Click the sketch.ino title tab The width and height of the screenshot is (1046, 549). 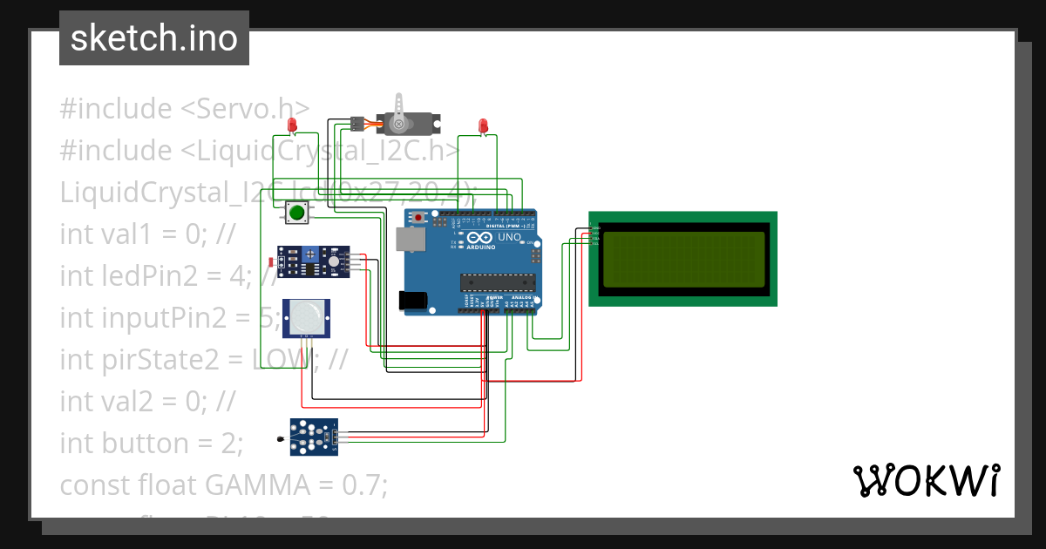point(153,38)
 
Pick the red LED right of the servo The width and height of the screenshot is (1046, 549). point(483,126)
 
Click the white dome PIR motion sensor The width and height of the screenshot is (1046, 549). point(305,318)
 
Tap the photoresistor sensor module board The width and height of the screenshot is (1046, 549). point(312,261)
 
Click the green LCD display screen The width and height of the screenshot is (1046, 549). point(683,258)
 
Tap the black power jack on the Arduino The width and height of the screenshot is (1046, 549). point(413,300)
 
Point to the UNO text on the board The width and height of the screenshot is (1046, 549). point(509,237)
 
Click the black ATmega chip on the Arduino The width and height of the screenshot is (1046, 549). point(497,281)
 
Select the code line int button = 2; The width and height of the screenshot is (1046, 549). point(152,443)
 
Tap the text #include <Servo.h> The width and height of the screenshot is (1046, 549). point(184,109)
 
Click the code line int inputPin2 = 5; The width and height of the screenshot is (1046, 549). point(168,318)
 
